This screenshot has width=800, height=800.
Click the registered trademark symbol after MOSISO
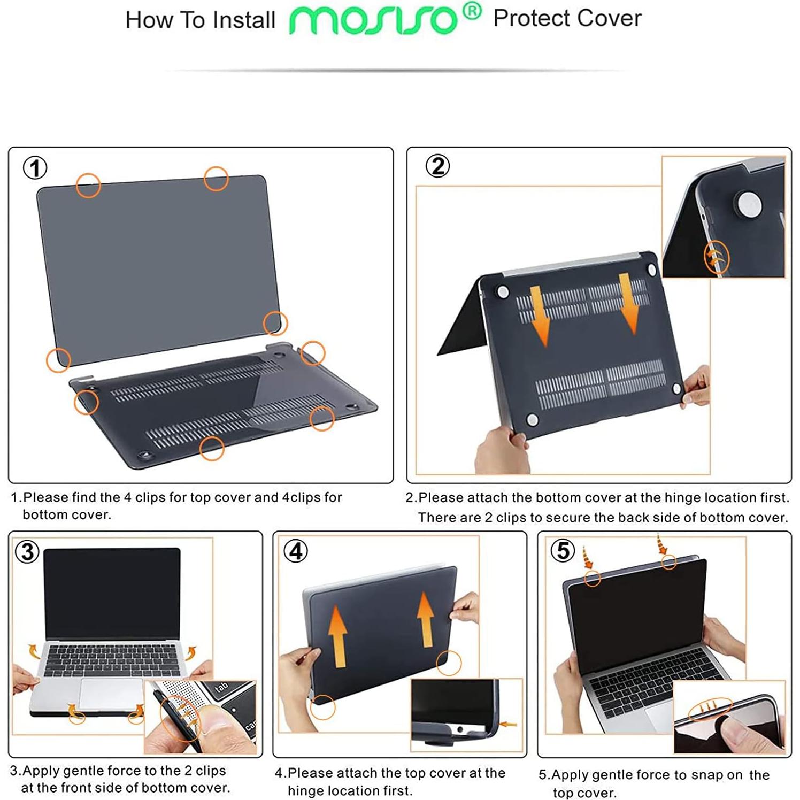point(472,11)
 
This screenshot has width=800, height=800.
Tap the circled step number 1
point(35,168)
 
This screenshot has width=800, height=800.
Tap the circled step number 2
point(437,166)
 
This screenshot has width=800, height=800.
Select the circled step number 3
point(27,551)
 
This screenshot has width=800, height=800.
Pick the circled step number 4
point(296,551)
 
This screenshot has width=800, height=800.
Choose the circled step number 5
point(563,550)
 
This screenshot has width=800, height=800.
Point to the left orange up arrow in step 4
point(337,636)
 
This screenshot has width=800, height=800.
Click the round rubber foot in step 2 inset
point(749,205)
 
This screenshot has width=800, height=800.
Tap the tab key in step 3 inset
point(221,688)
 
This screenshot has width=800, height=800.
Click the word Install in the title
point(243,20)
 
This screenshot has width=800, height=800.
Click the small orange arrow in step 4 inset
point(507,725)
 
